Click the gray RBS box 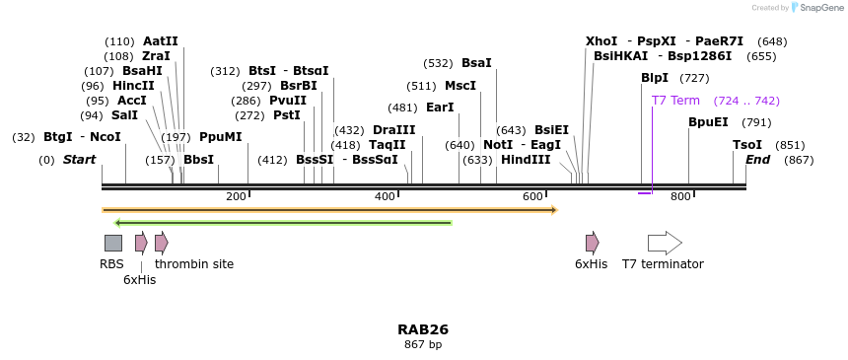click(113, 243)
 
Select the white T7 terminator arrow click(664, 243)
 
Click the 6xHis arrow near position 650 click(592, 243)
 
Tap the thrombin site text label click(194, 264)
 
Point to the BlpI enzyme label click(655, 78)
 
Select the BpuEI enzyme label click(708, 122)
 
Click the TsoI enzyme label click(747, 145)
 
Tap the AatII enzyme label click(161, 41)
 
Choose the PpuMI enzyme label click(220, 137)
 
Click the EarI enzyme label click(440, 108)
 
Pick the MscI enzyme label click(460, 86)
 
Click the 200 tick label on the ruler click(236, 197)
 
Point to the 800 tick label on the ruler click(680, 197)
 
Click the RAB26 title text click(423, 329)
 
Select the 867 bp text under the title click(423, 344)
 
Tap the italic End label click(757, 160)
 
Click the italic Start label click(80, 160)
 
